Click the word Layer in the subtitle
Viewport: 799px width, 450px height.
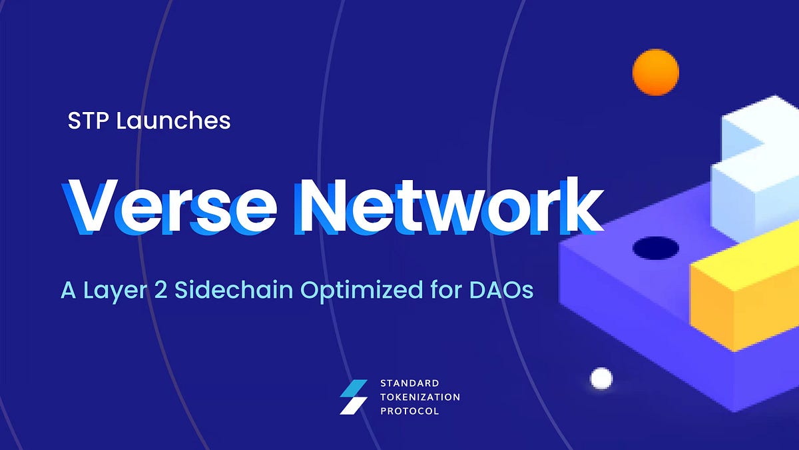point(116,291)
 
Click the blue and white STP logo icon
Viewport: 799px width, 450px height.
point(354,397)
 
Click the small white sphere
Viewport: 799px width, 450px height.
point(601,378)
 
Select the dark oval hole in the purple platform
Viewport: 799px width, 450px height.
point(655,249)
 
